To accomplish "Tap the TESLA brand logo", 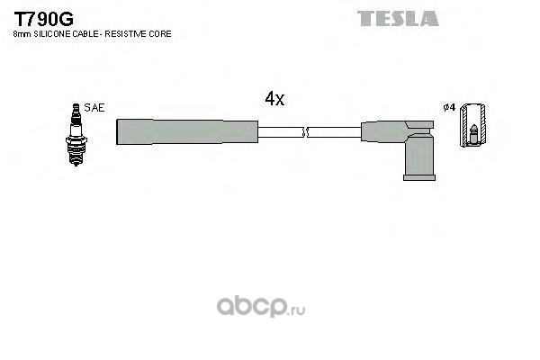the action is pyautogui.click(x=397, y=17).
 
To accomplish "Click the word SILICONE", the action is pyautogui.click(x=53, y=33).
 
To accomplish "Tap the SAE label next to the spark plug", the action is pyautogui.click(x=94, y=108).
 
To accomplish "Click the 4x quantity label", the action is pyautogui.click(x=274, y=100).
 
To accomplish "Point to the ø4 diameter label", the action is pyautogui.click(x=449, y=109).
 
